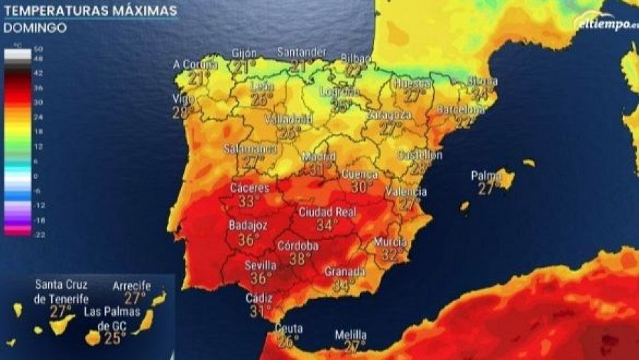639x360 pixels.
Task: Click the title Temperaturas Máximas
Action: pos(90,11)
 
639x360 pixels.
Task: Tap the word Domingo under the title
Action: pos(35,28)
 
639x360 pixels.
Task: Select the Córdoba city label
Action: pos(298,246)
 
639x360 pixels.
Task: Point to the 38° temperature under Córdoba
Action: pos(300,259)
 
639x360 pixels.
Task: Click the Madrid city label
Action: pos(319,156)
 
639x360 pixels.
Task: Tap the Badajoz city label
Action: pos(248,225)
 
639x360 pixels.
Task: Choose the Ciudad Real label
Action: pos(327,212)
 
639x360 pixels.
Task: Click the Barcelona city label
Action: pos(460,110)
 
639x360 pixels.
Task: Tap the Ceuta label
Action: pos(288,329)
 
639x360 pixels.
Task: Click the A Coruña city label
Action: pos(195,64)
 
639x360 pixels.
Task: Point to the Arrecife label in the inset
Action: pos(132,285)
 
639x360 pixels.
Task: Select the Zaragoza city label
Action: pos(389,114)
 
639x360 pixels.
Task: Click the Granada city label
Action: pos(344,272)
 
